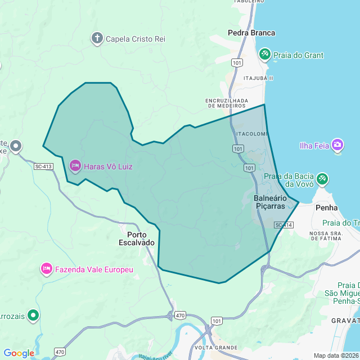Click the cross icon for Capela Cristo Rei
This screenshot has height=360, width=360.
pyautogui.click(x=97, y=38)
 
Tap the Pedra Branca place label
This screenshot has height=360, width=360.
pyautogui.click(x=251, y=33)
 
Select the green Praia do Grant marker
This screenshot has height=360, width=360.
pyautogui.click(x=264, y=54)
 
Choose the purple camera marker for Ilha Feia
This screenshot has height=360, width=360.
pyautogui.click(x=337, y=145)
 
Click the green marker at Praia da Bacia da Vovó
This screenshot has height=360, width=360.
pyautogui.click(x=322, y=179)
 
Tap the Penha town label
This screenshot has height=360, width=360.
pyautogui.click(x=327, y=208)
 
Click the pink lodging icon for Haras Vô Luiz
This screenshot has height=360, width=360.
pyautogui.click(x=75, y=165)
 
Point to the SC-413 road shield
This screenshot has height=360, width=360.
pyautogui.click(x=43, y=166)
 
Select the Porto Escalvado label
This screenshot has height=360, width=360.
pyautogui.click(x=137, y=238)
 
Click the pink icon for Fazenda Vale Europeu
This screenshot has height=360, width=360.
pyautogui.click(x=46, y=269)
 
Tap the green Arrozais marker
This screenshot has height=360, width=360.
pyautogui.click(x=34, y=315)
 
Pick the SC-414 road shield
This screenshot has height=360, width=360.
pyautogui.click(x=284, y=225)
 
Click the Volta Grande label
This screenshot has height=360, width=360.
pyautogui.click(x=217, y=348)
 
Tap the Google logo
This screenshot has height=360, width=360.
pyautogui.click(x=19, y=353)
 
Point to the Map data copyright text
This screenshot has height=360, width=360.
pyautogui.click(x=335, y=355)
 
